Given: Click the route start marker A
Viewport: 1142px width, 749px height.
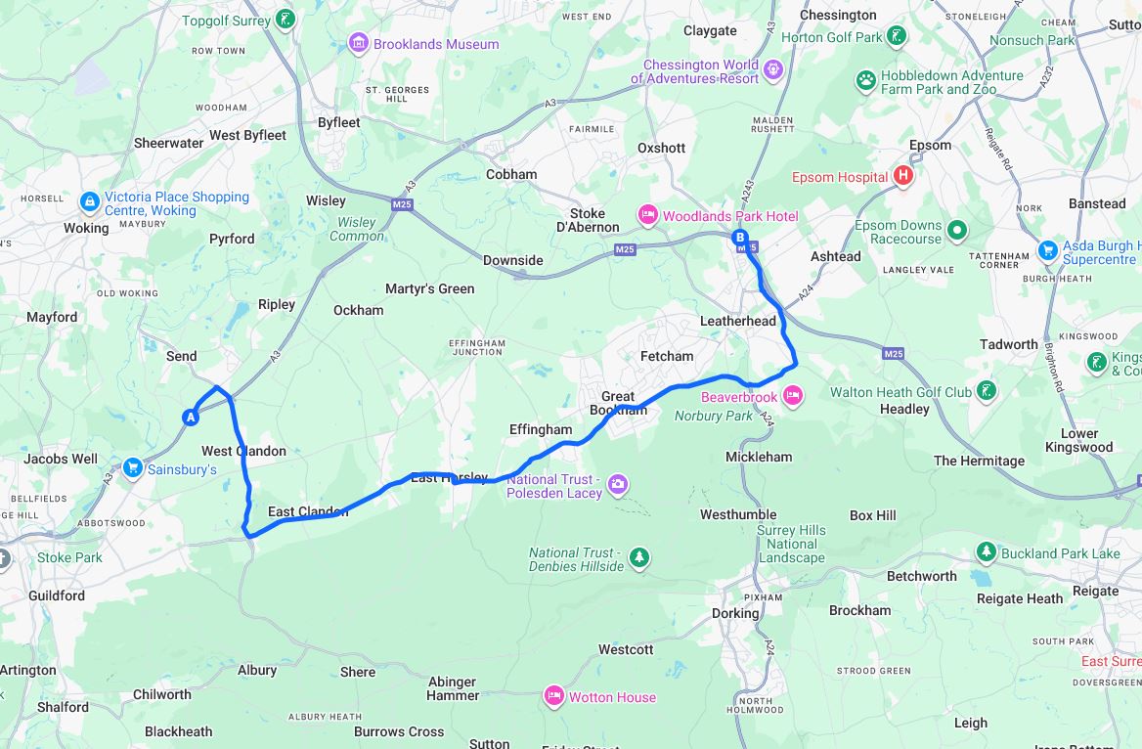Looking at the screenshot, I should (x=191, y=418).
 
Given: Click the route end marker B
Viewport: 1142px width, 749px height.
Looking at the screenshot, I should (x=740, y=237).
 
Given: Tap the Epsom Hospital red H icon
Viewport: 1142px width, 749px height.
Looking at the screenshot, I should (x=903, y=176).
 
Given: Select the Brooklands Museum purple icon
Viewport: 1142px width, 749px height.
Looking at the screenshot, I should (x=359, y=43).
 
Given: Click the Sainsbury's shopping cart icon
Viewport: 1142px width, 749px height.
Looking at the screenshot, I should (x=132, y=468).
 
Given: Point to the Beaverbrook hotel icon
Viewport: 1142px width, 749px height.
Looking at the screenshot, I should (x=792, y=396).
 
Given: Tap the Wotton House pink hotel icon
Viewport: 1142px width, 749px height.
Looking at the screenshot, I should (x=553, y=696).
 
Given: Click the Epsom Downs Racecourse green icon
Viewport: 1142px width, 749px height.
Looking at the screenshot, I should (x=957, y=231).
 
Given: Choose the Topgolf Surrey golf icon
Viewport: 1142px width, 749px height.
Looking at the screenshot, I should (x=285, y=19).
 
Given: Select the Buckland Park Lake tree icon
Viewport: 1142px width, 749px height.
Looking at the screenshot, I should (x=987, y=552).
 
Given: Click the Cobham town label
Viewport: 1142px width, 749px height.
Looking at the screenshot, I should (x=511, y=174).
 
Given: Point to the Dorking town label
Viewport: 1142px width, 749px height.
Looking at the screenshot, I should (x=735, y=613).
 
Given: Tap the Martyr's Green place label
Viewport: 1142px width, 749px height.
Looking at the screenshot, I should (x=429, y=288).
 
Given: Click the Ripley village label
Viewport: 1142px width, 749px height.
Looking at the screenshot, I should (x=276, y=304).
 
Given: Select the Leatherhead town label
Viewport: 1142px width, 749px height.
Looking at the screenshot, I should (x=738, y=321).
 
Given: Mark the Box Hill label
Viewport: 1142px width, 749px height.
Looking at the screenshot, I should (x=872, y=515).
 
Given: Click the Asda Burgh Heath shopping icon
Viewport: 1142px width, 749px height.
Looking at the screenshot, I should (x=1048, y=250).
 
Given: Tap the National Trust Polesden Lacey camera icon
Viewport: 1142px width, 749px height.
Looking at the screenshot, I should (x=617, y=484).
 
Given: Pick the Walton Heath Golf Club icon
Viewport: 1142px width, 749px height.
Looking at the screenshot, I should (x=987, y=391).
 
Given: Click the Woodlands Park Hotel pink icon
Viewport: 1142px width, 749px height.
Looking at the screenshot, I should (x=647, y=215).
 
